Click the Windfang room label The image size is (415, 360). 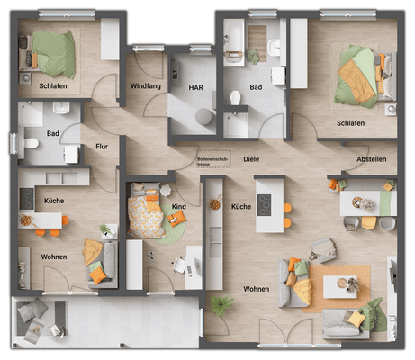(x=145, y=86)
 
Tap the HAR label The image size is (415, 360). (x=195, y=88)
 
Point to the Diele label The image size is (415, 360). (x=251, y=158)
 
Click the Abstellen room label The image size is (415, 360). (x=371, y=159)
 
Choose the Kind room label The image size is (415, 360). (x=178, y=207)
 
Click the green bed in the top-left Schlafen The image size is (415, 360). (x=54, y=54)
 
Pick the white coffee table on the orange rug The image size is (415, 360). (x=340, y=287)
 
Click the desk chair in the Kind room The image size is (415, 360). (x=177, y=266)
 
